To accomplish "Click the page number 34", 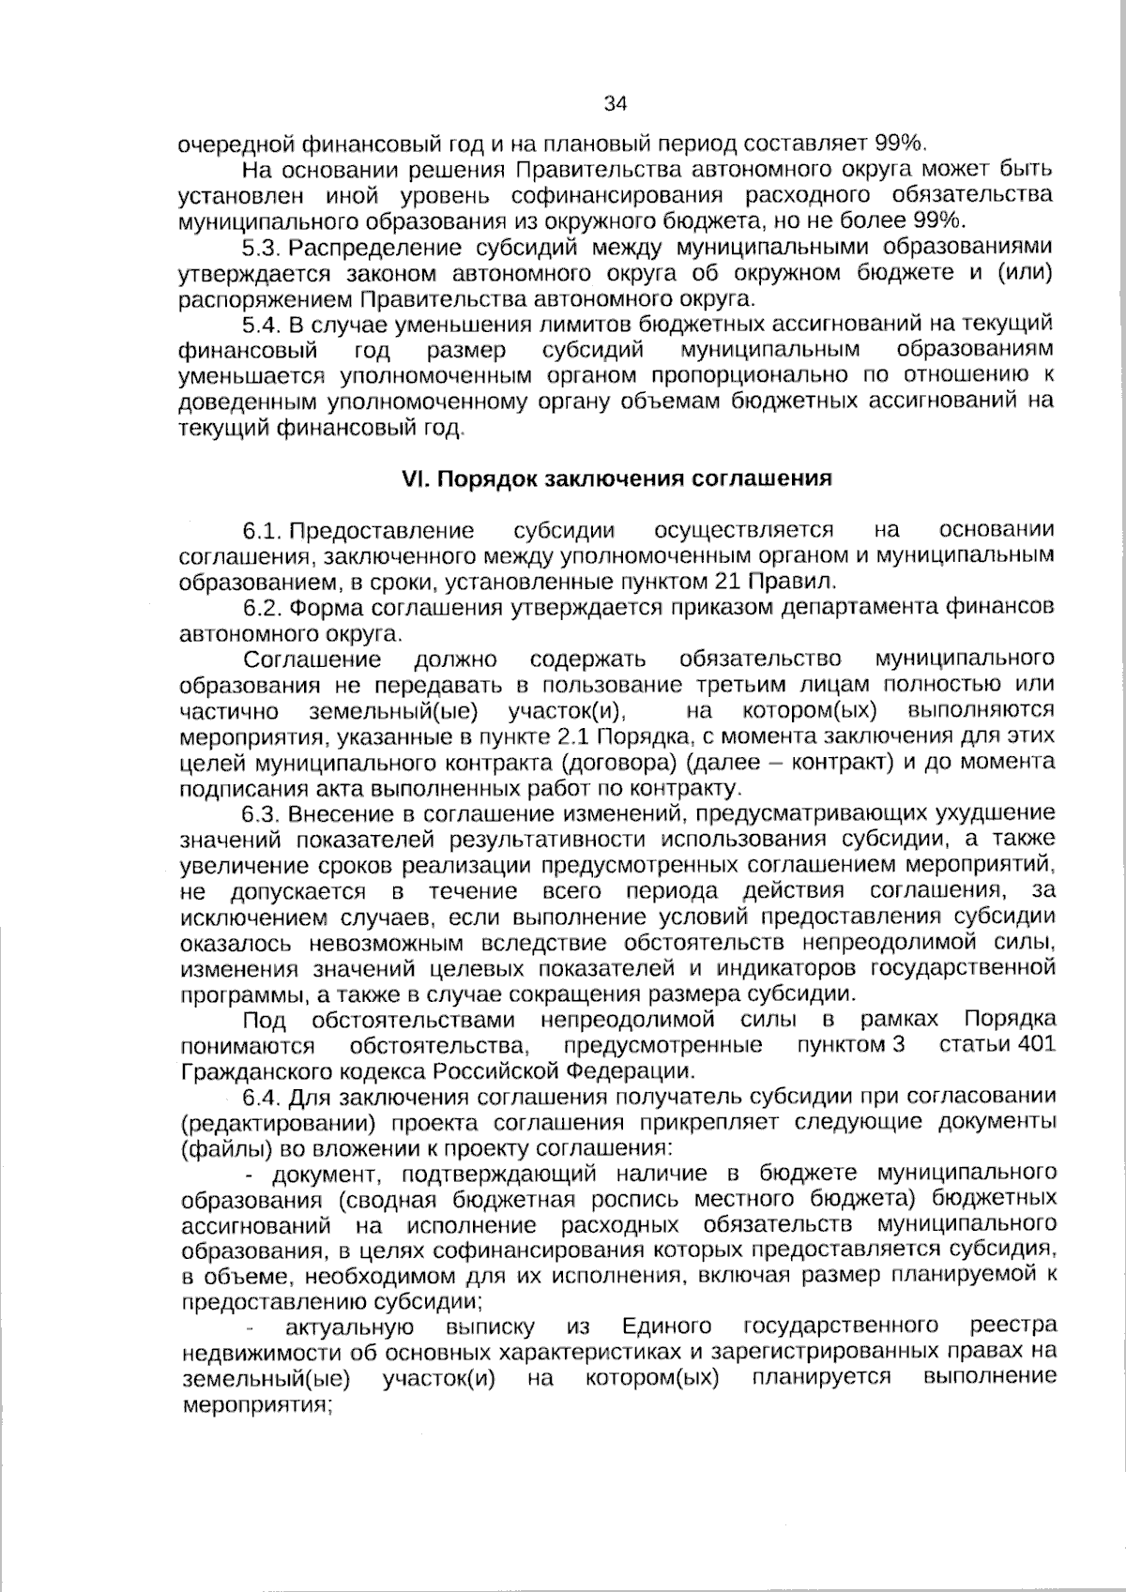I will point(616,103).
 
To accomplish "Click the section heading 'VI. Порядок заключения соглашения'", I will point(616,478).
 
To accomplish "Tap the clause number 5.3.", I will point(262,248).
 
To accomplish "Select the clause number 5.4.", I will point(262,325).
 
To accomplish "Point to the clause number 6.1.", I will point(262,531).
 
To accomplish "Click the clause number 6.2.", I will point(262,607).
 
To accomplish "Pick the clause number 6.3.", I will point(262,812).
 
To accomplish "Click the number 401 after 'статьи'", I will point(1035,1044).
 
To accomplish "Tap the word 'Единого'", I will point(666,1327).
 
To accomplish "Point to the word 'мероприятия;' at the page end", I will point(258,1405).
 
